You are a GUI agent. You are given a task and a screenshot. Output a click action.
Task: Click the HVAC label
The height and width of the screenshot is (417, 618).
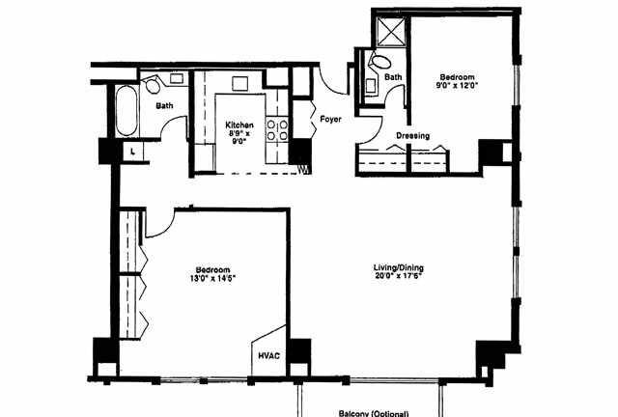tap(269, 355)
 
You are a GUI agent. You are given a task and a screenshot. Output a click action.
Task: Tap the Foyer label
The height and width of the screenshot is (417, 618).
tap(330, 119)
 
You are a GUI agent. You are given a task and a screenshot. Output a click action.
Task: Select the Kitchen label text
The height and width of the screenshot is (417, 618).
tap(239, 125)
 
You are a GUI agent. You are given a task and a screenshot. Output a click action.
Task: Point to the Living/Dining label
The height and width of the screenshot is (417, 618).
tap(399, 268)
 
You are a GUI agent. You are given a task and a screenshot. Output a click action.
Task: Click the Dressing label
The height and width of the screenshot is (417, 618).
tap(412, 135)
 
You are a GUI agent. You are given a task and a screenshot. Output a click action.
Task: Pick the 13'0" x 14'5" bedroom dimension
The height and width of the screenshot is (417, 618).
tap(212, 278)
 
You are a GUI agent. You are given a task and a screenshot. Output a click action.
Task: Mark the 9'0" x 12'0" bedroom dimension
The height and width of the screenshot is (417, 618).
tap(457, 85)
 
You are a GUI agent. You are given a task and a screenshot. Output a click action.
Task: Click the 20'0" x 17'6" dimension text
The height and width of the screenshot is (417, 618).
tap(399, 276)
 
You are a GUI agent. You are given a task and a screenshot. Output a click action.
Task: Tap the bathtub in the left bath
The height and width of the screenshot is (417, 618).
tap(126, 111)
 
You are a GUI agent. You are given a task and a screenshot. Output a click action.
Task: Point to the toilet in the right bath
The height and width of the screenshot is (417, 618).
tap(379, 61)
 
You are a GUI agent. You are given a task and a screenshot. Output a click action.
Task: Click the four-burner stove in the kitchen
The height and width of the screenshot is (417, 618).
tap(277, 130)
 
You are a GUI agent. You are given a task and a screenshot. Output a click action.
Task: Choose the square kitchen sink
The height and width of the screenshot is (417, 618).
tap(239, 83)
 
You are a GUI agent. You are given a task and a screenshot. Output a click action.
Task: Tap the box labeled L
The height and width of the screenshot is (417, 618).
tap(133, 151)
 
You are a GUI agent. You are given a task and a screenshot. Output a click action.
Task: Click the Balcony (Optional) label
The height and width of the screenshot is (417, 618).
tap(374, 413)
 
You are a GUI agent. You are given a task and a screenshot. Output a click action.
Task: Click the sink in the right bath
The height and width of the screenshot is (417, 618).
tap(370, 86)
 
